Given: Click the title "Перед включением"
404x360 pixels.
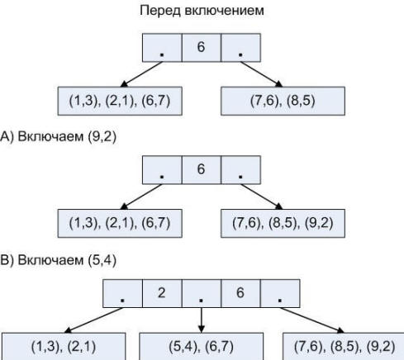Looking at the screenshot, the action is pyautogui.click(x=202, y=11).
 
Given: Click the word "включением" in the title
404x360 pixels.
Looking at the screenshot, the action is pyautogui.click(x=224, y=11).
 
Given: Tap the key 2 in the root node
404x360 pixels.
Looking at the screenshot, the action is pyautogui.click(x=162, y=292).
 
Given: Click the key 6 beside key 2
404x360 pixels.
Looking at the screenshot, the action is pyautogui.click(x=240, y=292).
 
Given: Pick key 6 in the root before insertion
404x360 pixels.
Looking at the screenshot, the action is pyautogui.click(x=201, y=47).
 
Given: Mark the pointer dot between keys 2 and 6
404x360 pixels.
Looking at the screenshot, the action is pyautogui.click(x=201, y=300).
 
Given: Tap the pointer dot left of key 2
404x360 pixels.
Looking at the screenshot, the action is pyautogui.click(x=122, y=300).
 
